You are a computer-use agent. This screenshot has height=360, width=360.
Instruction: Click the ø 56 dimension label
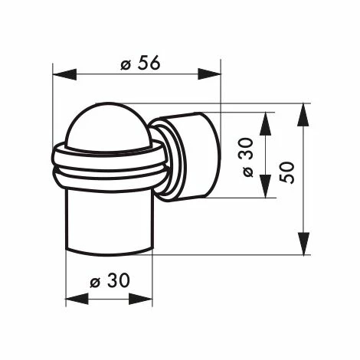point(140,63)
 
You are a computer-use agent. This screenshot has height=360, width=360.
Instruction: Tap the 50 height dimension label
point(286,172)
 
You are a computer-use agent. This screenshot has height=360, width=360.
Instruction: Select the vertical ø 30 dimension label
point(247,157)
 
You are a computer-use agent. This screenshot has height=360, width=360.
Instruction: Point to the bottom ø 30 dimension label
point(110,280)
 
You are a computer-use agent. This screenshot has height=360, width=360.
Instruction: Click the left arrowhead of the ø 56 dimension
point(64,74)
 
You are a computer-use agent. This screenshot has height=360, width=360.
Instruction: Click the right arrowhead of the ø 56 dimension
point(209,74)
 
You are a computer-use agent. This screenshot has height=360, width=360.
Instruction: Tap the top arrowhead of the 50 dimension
point(303,115)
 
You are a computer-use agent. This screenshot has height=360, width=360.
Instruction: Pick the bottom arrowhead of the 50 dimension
point(303,244)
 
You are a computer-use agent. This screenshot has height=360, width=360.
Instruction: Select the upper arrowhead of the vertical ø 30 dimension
point(265,123)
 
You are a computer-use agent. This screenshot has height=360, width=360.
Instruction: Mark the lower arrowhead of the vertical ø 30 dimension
point(265,186)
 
